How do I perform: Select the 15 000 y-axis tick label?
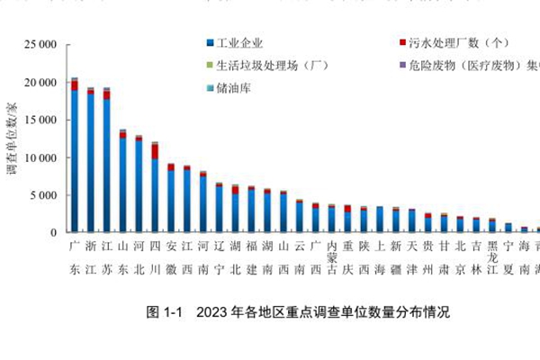[x=40, y=120]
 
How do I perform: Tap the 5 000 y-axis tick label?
[x=43, y=195]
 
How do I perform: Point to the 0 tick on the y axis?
[x=54, y=232]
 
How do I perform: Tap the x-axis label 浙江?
[x=90, y=256]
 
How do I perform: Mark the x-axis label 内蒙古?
[x=331, y=256]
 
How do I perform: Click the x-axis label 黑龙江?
[x=492, y=256]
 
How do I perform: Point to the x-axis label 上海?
[x=380, y=256]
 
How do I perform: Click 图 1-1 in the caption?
[x=166, y=313]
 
